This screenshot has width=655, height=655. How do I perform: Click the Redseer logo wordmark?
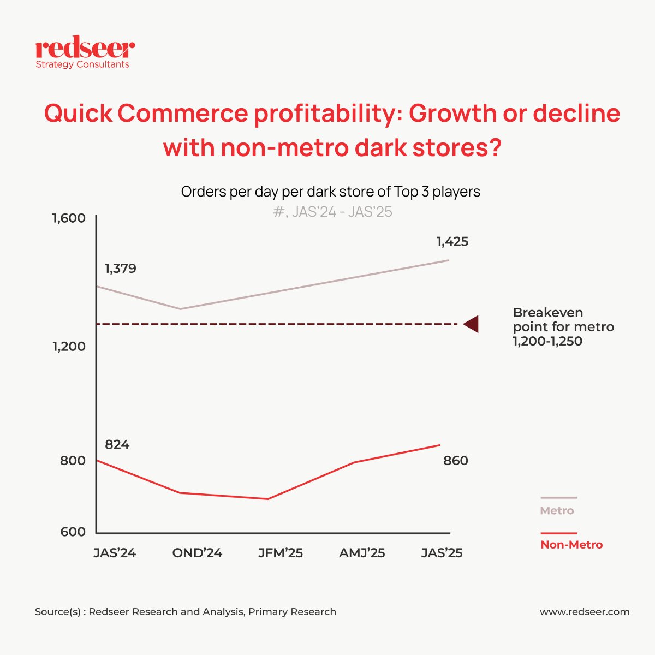85,49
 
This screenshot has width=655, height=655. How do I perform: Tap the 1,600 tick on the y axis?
69,218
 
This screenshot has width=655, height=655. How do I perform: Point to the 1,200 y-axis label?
69,347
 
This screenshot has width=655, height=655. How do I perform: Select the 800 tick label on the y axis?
73,460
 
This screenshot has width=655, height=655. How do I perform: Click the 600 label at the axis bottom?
73,532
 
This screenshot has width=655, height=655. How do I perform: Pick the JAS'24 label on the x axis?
115,553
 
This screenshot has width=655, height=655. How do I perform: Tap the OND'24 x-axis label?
197,553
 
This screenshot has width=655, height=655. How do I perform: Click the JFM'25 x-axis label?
281,553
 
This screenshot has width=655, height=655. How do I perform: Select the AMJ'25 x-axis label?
362,553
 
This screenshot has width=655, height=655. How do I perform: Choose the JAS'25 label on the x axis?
442,553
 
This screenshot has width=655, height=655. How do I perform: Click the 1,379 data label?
121,269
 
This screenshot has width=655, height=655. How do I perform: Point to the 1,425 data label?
452,241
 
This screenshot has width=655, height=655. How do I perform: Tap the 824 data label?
117,445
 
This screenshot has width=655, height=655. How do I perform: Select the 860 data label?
455,461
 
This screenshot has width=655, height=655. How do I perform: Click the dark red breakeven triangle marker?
472,324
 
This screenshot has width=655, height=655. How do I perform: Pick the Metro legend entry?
557,510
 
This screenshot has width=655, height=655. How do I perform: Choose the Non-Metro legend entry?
571,544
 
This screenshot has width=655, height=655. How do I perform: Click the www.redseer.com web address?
585,612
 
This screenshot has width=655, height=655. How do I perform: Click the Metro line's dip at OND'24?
181,309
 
